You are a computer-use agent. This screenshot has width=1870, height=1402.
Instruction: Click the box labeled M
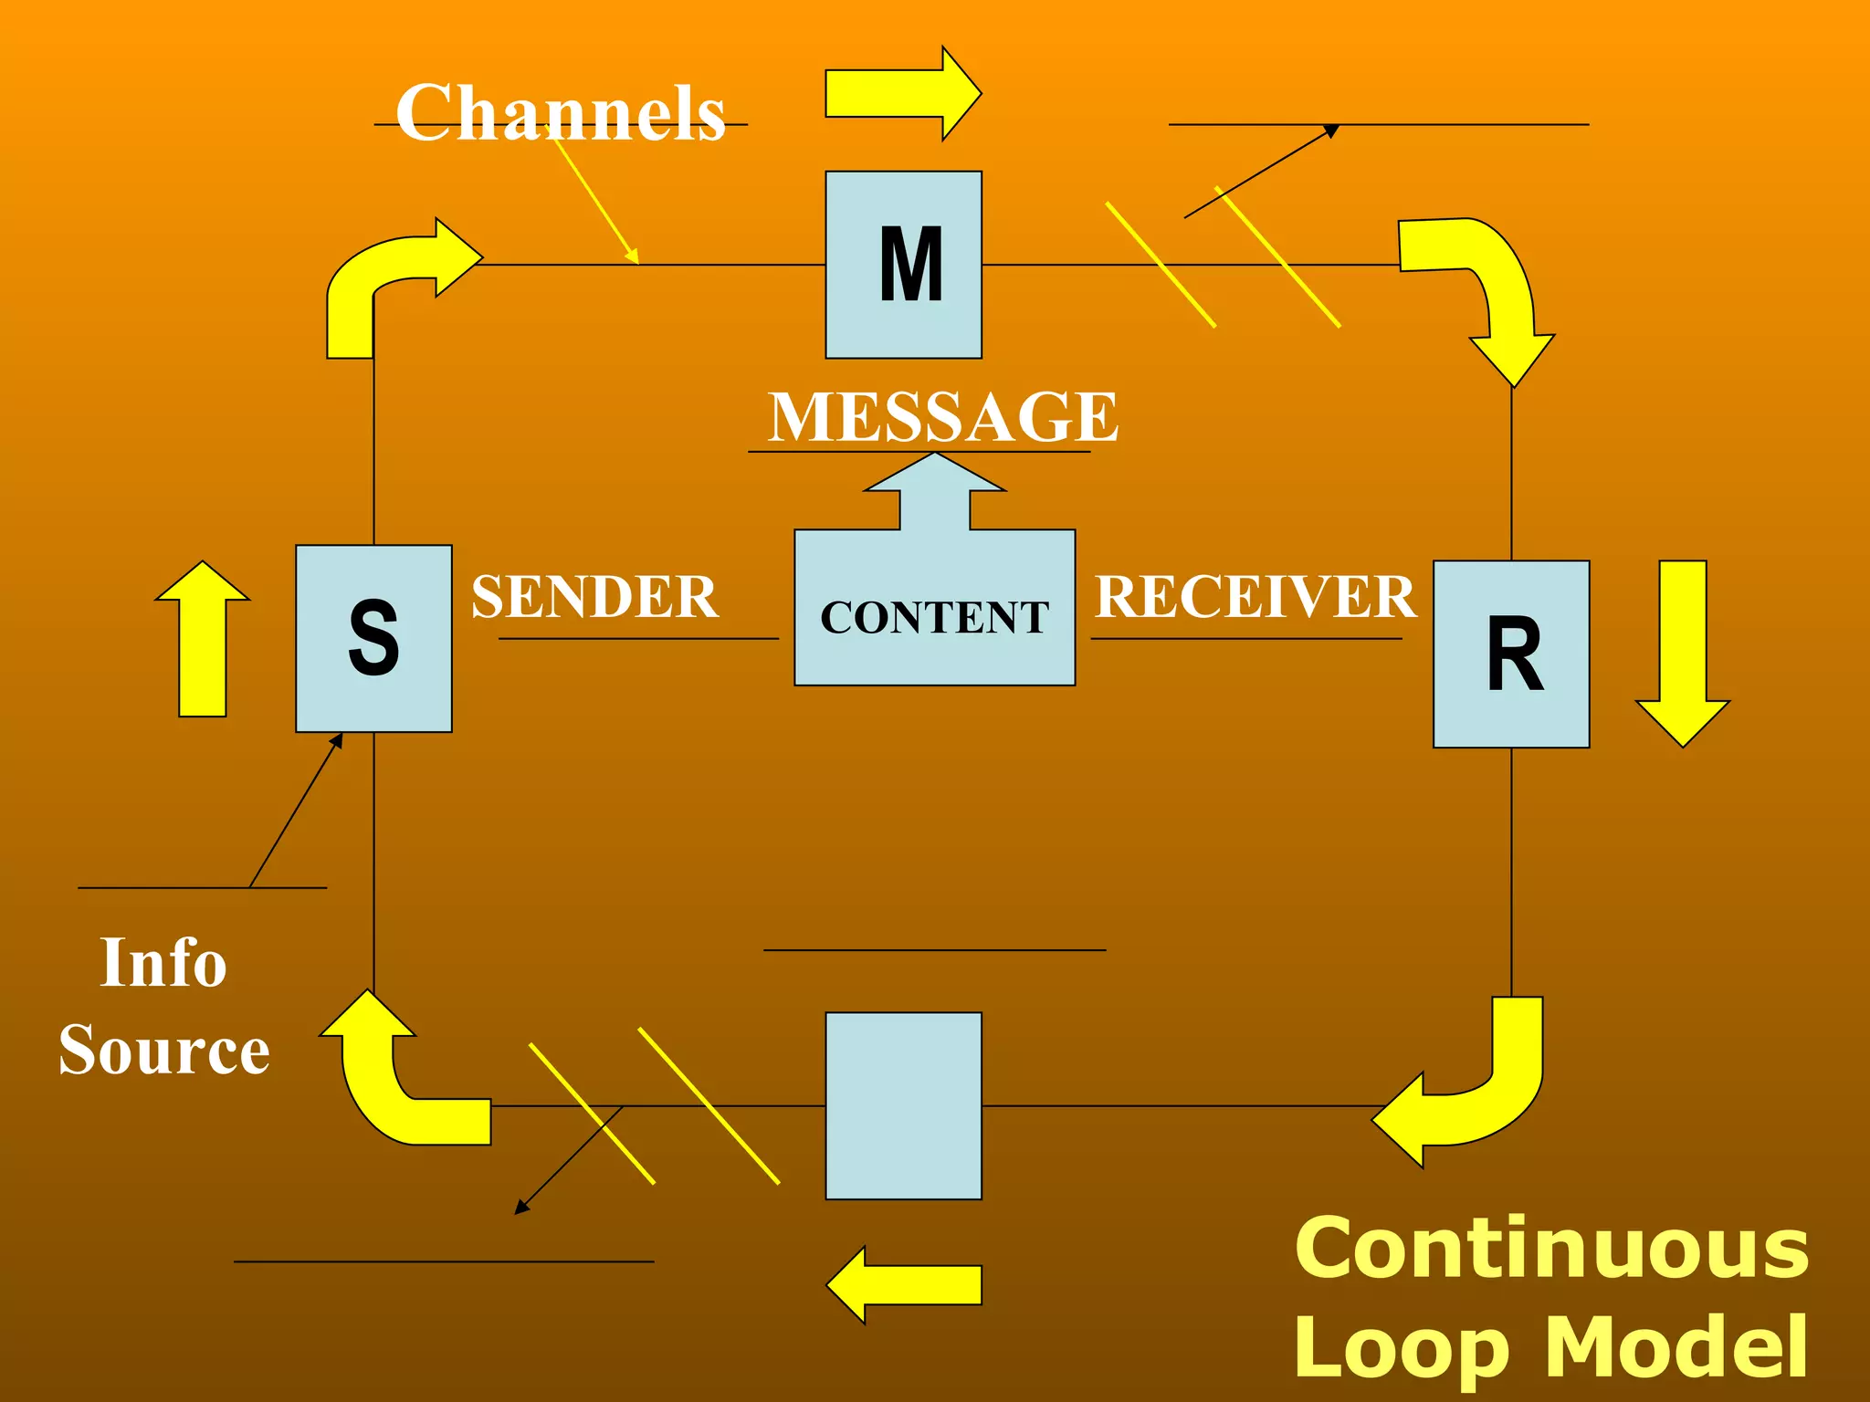(x=903, y=265)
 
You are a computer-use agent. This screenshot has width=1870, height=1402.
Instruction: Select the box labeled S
(x=373, y=638)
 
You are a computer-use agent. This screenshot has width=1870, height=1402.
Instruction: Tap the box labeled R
(x=1511, y=654)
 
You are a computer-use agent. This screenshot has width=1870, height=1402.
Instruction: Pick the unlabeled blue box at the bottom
(x=903, y=1105)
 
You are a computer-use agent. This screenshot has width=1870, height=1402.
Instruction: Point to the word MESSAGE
(x=942, y=416)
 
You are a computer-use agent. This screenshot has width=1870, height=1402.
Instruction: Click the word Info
(x=163, y=962)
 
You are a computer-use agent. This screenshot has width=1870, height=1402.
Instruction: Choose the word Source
(x=164, y=1050)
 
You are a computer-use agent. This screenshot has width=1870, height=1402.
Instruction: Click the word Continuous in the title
(x=1551, y=1249)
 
